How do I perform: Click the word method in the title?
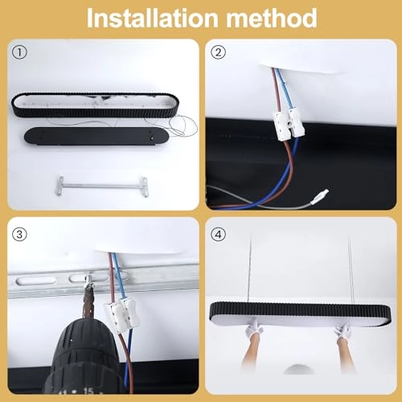[x=272, y=18]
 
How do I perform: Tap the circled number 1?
[x=19, y=52]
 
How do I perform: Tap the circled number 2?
[x=218, y=52]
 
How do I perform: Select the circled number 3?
[x=19, y=235]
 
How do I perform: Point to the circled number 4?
[x=218, y=235]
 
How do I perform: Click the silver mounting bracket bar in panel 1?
[x=102, y=185]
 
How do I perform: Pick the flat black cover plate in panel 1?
[x=96, y=136]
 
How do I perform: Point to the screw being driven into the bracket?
[x=87, y=281]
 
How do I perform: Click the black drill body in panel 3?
[x=83, y=359]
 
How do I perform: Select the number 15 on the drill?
[x=88, y=392]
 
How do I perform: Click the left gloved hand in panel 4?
[x=254, y=327]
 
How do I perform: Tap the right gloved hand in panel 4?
[x=343, y=330]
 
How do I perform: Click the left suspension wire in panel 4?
[x=251, y=266]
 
